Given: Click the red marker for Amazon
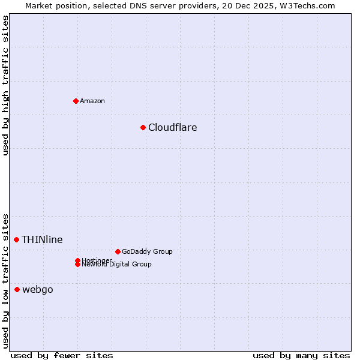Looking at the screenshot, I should (x=76, y=101).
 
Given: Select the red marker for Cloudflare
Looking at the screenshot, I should (x=143, y=127).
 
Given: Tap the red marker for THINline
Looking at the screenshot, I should (x=16, y=239).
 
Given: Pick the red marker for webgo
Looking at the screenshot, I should (x=17, y=289).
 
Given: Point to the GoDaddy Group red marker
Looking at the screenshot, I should (x=118, y=251).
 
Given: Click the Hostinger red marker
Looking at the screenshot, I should (x=78, y=260).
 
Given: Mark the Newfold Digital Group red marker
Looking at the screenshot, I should (x=78, y=265).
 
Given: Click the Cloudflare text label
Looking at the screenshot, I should (x=173, y=127).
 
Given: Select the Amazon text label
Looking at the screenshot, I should (x=92, y=101).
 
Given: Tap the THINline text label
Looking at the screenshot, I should (x=42, y=239).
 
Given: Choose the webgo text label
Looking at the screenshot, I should (x=38, y=290).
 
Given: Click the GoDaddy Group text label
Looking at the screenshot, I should (x=147, y=251).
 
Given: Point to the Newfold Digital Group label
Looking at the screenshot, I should (x=117, y=265).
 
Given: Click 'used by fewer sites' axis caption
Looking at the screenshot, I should (x=62, y=355).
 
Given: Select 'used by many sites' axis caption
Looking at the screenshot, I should (x=301, y=355).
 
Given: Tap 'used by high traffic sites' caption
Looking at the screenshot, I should (x=5, y=85).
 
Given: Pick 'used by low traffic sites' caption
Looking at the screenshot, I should (x=5, y=280).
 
